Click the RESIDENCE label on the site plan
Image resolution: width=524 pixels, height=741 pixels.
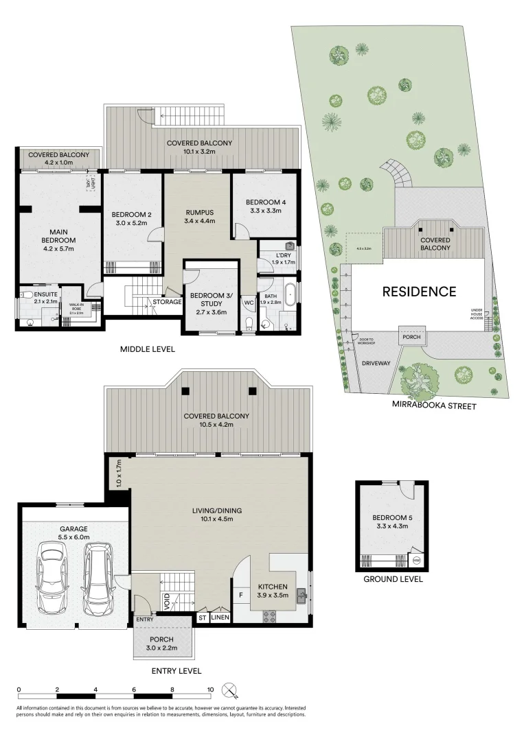coord(419,292)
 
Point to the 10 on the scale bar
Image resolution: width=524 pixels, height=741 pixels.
coord(210,690)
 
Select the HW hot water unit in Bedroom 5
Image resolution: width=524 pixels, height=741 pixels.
coord(416,561)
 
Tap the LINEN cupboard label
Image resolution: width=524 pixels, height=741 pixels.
coord(220,617)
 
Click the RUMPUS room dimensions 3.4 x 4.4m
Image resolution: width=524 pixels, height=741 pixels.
coord(200,221)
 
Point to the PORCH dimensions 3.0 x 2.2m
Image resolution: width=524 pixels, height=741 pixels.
coord(163,647)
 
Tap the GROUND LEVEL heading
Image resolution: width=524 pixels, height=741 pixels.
coord(393,579)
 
